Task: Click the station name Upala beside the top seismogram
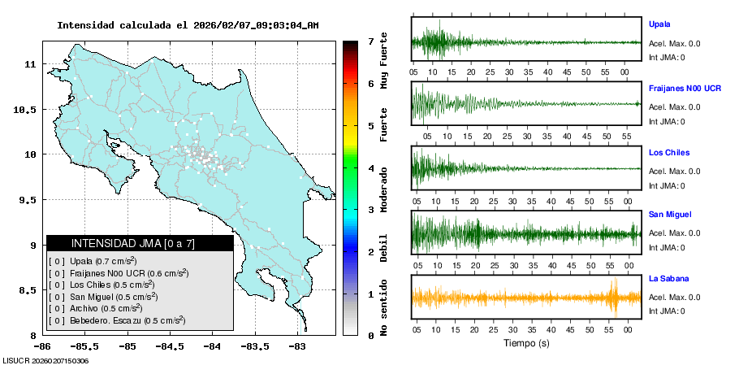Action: (x=659, y=24)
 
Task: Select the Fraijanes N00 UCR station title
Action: (x=685, y=87)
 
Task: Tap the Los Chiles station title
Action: (x=668, y=151)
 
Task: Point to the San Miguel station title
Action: (x=670, y=214)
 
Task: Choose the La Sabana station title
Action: (x=668, y=278)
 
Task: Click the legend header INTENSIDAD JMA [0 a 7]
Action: (x=140, y=243)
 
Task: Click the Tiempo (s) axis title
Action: (x=526, y=343)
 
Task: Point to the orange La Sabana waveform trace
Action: (x=526, y=298)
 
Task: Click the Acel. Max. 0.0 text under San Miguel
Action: (x=674, y=233)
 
